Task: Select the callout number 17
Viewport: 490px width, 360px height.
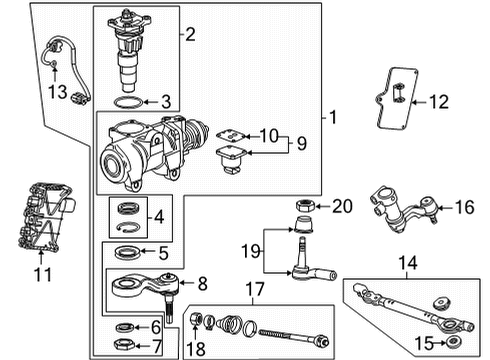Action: (x=251, y=290)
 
